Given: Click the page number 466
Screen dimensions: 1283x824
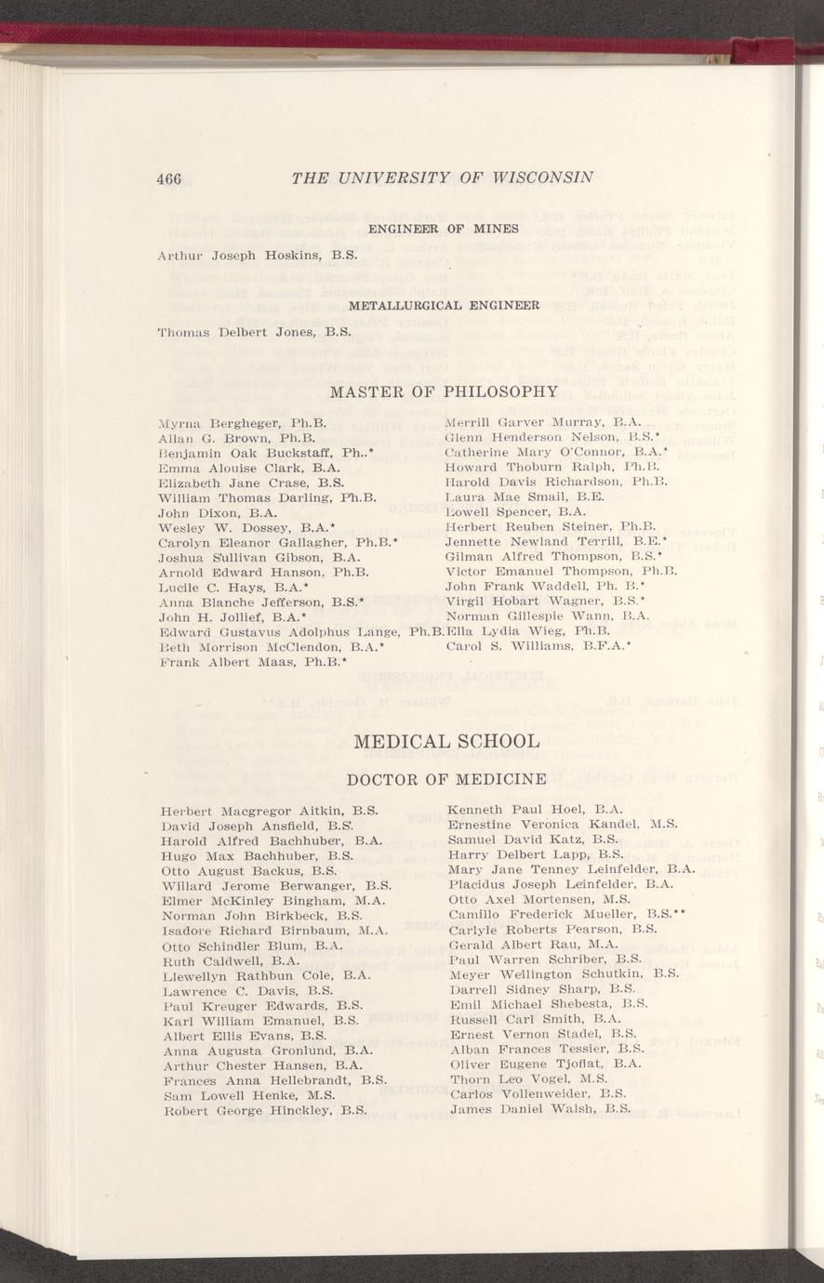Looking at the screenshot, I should [170, 179].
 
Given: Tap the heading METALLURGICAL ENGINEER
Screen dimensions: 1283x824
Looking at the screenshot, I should [445, 304].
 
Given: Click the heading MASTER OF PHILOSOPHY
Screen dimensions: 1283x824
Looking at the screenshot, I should [442, 391].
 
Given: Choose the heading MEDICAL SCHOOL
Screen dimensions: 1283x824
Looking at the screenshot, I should [446, 741].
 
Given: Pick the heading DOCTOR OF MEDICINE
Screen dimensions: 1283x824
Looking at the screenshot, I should [445, 777].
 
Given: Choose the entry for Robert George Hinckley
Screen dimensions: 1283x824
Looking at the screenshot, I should [262, 1110].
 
